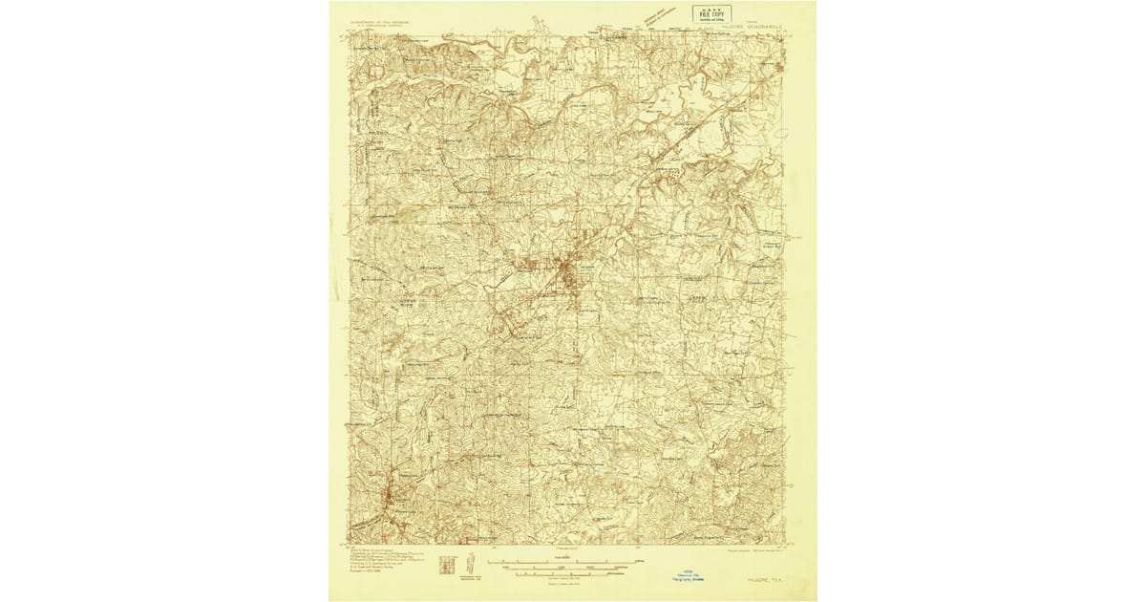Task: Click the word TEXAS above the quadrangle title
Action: [754, 22]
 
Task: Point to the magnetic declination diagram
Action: [471, 563]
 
